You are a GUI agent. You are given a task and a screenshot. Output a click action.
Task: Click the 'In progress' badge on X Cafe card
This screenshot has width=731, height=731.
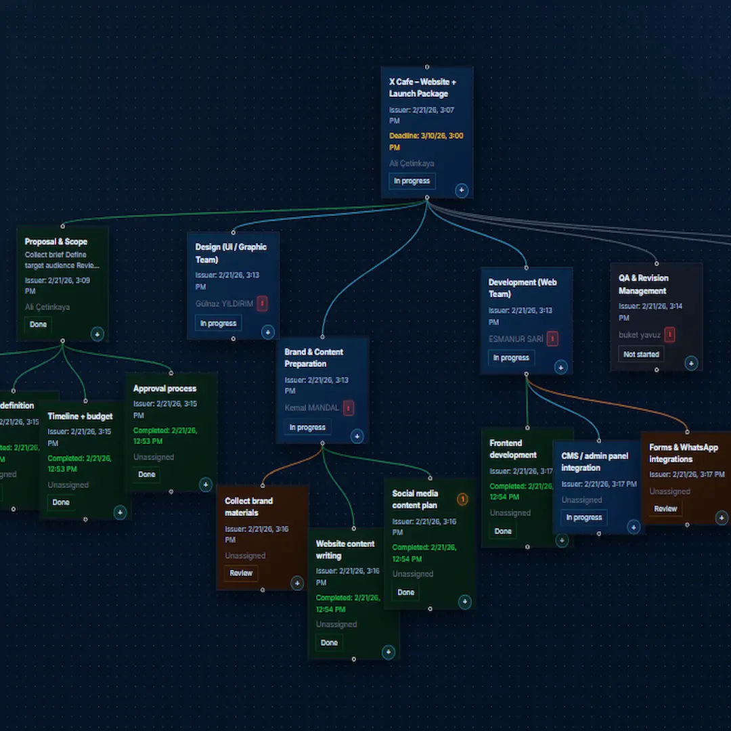coord(412,181)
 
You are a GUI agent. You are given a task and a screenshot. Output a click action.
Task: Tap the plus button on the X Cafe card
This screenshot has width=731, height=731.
coord(462,190)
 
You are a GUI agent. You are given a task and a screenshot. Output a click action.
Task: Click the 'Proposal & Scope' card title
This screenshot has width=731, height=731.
coord(56,242)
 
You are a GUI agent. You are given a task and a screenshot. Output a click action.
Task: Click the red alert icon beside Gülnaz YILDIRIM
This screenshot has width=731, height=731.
coord(262,304)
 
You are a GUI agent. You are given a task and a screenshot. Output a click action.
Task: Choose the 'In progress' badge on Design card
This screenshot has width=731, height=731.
coord(218,324)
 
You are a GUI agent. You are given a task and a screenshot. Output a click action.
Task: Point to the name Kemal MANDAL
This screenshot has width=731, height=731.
coord(311,408)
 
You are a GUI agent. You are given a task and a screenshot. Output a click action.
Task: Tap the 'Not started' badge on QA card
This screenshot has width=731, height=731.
coord(640,355)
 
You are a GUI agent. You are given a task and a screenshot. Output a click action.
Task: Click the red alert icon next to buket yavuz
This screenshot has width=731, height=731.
coord(669,335)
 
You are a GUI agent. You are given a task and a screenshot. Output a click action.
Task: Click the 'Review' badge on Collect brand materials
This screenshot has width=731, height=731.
coord(241,573)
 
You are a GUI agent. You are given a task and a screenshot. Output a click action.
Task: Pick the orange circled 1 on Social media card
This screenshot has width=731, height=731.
coord(462,500)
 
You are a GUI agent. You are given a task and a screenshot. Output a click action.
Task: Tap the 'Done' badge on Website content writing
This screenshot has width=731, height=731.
coord(329,643)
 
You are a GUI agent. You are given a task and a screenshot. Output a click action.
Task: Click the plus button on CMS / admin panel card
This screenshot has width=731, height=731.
coord(633,527)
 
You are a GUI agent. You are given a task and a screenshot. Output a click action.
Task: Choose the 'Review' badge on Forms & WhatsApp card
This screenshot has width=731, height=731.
coord(665,509)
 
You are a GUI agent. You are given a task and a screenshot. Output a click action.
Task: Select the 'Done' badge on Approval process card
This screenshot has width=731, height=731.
coord(147,474)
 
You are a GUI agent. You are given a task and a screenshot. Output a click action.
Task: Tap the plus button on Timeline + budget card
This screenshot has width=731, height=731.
coord(120,512)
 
